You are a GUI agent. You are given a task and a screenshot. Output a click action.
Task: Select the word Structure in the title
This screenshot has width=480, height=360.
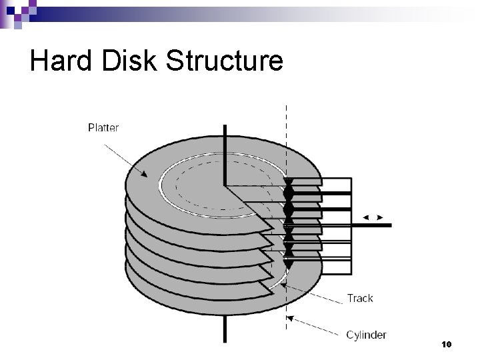click(225, 61)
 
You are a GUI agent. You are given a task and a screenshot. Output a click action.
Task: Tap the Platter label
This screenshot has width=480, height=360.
click(103, 127)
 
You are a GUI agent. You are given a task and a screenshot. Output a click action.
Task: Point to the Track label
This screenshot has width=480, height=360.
click(359, 298)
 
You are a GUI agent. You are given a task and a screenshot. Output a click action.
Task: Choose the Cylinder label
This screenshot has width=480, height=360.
click(366, 335)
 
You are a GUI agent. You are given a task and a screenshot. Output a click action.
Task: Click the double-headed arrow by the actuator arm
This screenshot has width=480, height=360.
click(371, 218)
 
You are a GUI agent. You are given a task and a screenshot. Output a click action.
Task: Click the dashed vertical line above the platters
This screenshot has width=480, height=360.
click(287, 133)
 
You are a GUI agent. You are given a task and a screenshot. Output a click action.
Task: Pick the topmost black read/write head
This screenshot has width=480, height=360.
click(288, 183)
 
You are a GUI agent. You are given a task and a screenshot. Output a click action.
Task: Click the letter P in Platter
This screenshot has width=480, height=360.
click(91, 127)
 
